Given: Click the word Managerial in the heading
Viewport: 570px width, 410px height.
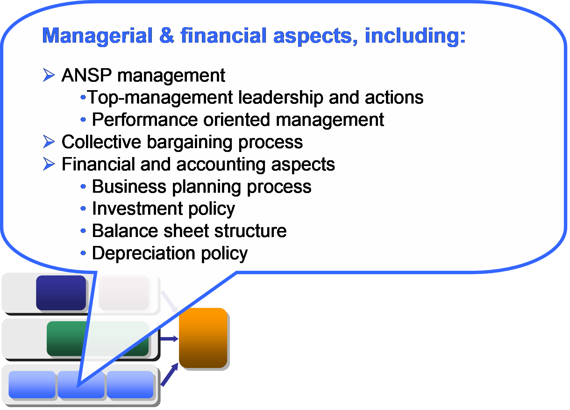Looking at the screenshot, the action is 97,36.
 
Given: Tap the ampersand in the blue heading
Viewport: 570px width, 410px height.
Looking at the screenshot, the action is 167,35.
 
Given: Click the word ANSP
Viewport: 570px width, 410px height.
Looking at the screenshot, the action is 87,76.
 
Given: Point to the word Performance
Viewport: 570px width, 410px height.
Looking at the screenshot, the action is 145,120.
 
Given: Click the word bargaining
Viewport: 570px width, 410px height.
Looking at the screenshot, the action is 190,142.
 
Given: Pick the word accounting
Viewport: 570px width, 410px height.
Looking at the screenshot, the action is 221,165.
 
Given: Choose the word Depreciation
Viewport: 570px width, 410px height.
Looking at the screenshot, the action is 144,254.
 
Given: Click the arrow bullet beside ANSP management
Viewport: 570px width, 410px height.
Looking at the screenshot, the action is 49,75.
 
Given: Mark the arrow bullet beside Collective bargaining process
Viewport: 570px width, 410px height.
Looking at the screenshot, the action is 49,142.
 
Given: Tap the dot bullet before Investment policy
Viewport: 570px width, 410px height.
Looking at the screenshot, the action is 83,209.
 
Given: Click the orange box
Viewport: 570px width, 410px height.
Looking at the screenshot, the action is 203,338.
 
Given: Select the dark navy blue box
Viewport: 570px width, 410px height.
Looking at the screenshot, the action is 61,293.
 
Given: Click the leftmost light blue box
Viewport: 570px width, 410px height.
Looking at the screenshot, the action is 32,385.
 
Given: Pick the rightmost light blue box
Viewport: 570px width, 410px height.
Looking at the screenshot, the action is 130,385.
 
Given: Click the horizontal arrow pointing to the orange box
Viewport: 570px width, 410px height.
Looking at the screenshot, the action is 169,339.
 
